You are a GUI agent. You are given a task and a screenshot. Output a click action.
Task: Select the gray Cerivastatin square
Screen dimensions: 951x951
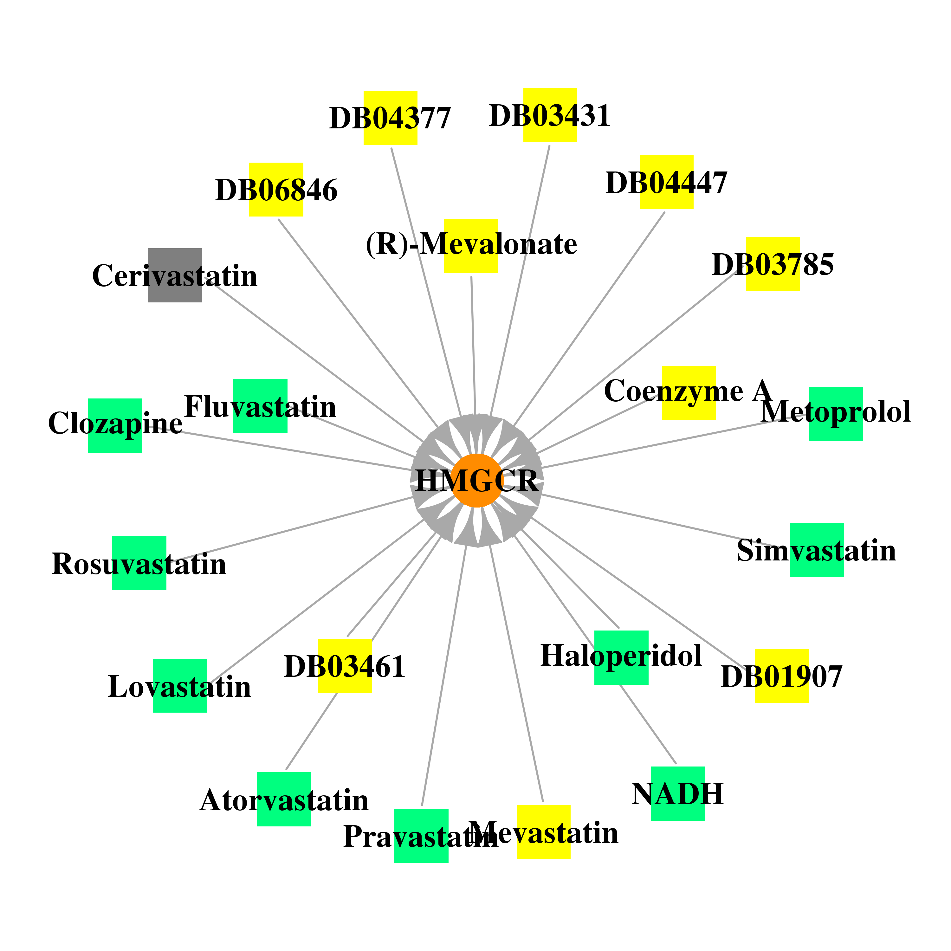pyautogui.click(x=175, y=275)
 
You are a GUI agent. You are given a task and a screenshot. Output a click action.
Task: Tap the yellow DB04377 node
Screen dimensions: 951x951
pyautogui.click(x=390, y=118)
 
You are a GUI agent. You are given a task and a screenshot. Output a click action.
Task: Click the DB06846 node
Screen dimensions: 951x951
pyautogui.click(x=276, y=190)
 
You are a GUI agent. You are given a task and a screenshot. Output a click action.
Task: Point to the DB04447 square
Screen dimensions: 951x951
pyautogui.click(x=666, y=183)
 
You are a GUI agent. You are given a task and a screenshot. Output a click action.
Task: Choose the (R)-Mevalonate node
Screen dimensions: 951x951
pyautogui.click(x=471, y=246)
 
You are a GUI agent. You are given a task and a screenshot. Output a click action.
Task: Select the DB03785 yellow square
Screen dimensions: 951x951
pyautogui.click(x=773, y=264)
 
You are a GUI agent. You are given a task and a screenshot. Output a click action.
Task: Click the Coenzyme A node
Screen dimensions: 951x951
pyautogui.click(x=689, y=393)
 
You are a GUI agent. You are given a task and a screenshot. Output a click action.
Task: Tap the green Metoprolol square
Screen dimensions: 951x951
pyautogui.click(x=836, y=414)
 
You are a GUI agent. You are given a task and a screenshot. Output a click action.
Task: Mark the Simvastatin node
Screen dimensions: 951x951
pyautogui.click(x=817, y=550)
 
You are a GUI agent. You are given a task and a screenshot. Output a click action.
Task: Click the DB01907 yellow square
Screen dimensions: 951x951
pyautogui.click(x=782, y=676)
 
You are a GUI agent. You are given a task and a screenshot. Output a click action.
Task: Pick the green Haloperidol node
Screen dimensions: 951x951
pyautogui.click(x=621, y=658)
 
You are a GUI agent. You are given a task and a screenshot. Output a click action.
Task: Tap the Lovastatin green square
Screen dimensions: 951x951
pyautogui.click(x=180, y=686)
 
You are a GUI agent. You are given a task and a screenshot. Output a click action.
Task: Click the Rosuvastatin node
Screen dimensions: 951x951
pyautogui.click(x=139, y=563)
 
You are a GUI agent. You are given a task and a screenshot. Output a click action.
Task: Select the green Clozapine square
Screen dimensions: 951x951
pyautogui.click(x=115, y=425)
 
